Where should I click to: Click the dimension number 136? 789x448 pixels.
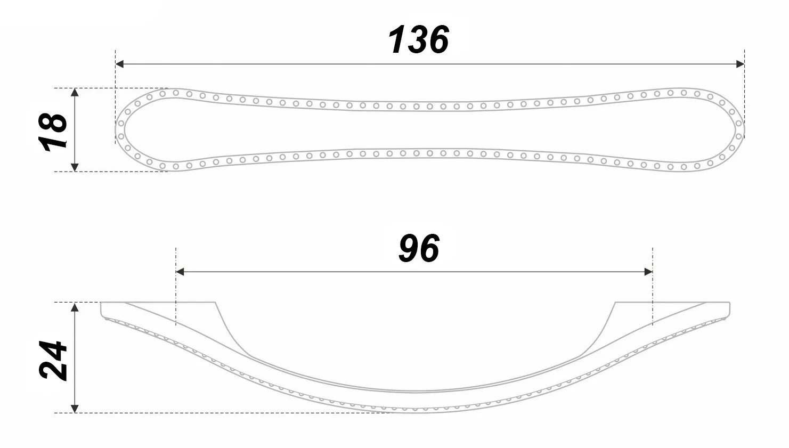coord(418,39)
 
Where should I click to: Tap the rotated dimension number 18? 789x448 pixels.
coord(53,132)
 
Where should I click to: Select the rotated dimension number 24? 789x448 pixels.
coord(53,360)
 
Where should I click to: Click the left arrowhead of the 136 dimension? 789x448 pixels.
coord(119,64)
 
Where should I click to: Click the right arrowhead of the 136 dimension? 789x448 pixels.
coord(740,64)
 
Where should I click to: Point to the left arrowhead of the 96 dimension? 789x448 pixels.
coord(180,272)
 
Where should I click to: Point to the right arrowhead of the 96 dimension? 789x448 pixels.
coord(648,272)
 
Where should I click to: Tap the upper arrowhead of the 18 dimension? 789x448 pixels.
coord(75,92)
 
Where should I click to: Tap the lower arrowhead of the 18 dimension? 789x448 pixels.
coord(75,167)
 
